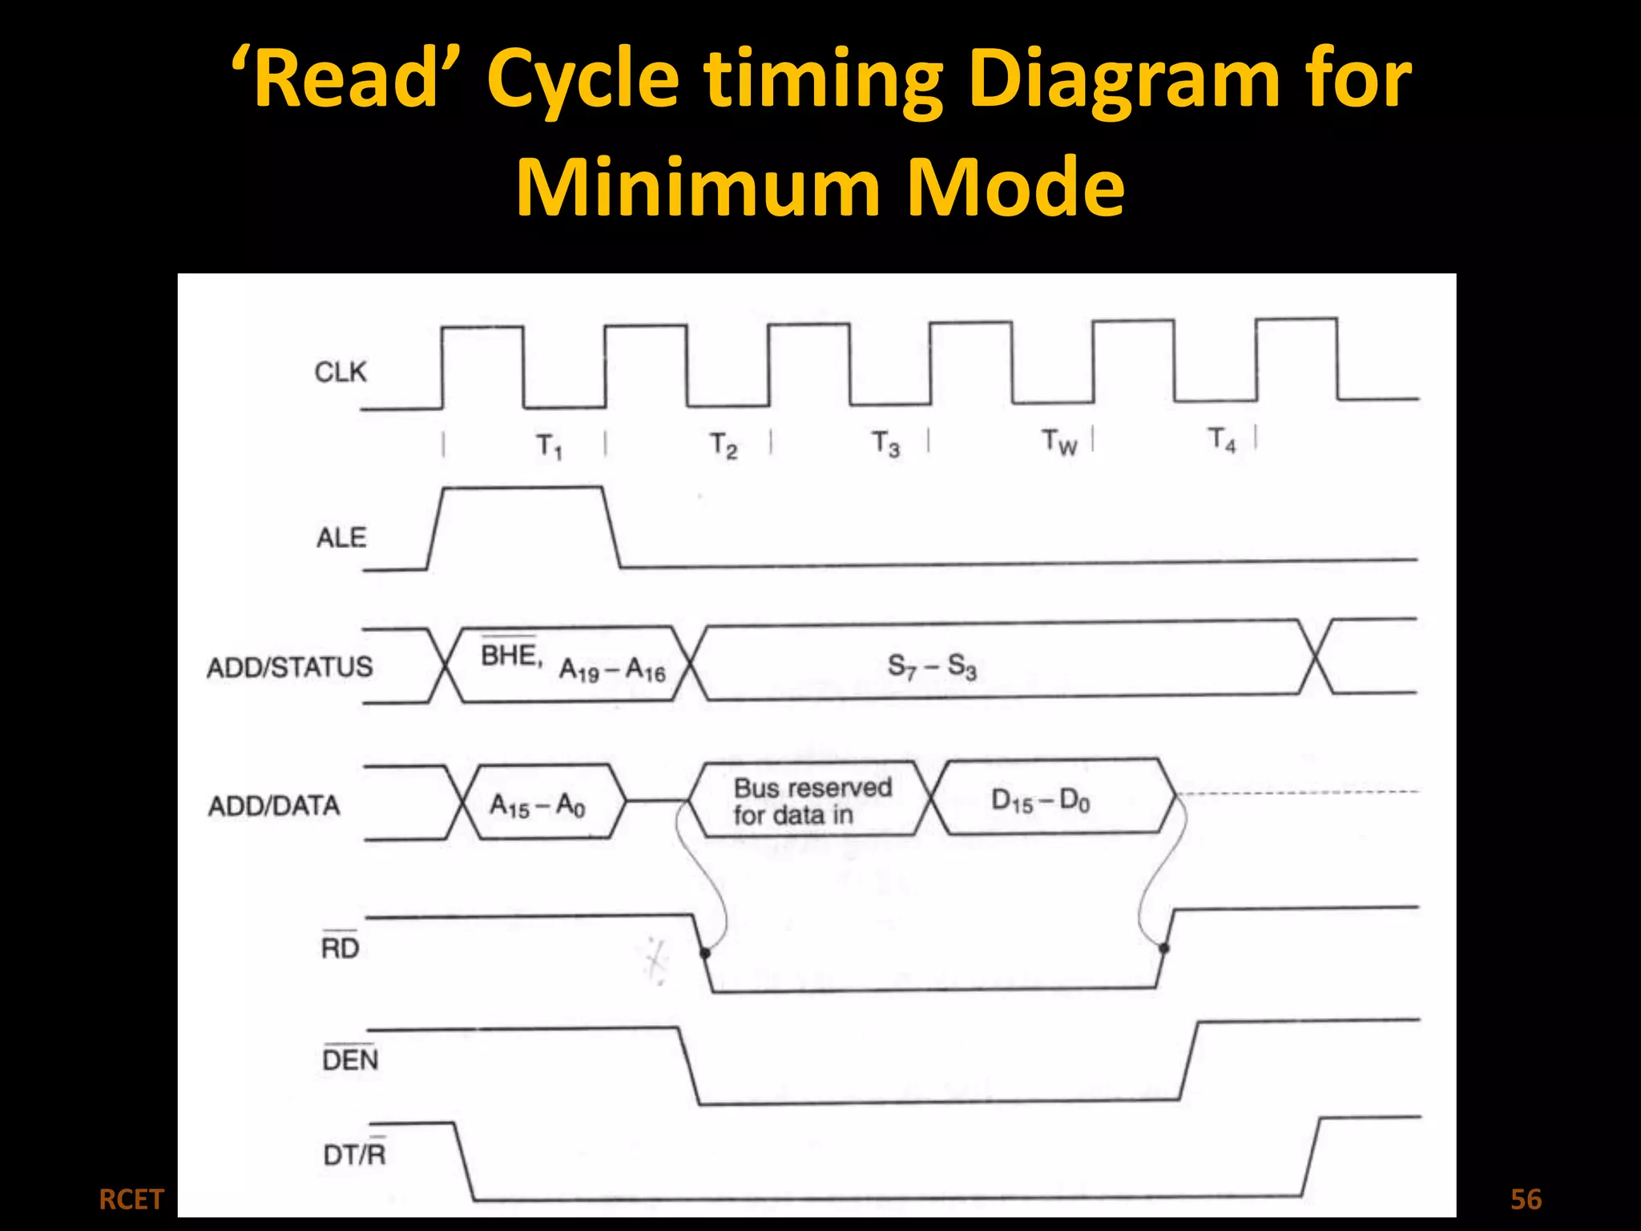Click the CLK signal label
click(x=341, y=373)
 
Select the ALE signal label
click(x=341, y=538)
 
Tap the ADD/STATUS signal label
click(x=289, y=667)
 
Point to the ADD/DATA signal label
click(x=274, y=805)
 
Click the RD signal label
click(x=340, y=948)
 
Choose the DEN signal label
click(x=350, y=1060)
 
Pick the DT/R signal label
click(x=354, y=1154)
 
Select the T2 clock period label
click(x=724, y=446)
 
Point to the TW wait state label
click(x=1059, y=442)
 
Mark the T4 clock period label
click(x=1222, y=439)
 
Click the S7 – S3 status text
click(x=933, y=666)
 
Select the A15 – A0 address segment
click(x=538, y=804)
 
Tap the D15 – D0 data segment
click(x=1041, y=800)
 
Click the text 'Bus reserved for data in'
click(x=812, y=801)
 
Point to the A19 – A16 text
click(x=612, y=669)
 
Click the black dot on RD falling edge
click(x=705, y=953)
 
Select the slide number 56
click(x=1526, y=1200)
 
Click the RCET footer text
click(x=131, y=1200)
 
